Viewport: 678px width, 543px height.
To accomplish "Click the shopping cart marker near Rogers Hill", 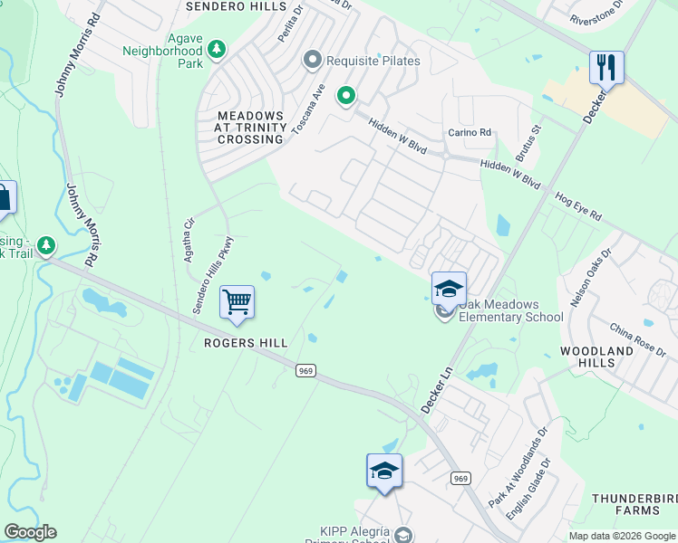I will pyautogui.click(x=237, y=302).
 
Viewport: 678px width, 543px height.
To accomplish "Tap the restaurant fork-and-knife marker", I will pyautogui.click(x=605, y=68).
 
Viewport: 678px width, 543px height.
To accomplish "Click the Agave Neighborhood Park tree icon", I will pyautogui.click(x=217, y=48).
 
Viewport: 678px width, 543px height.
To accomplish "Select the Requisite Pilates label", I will pyautogui.click(x=373, y=61).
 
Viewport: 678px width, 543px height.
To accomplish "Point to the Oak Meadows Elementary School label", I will pyautogui.click(x=510, y=310).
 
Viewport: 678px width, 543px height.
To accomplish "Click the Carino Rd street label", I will pyautogui.click(x=470, y=133).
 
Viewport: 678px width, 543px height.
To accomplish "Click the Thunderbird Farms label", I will pyautogui.click(x=634, y=505).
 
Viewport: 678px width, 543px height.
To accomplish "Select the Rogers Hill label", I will pyautogui.click(x=246, y=343).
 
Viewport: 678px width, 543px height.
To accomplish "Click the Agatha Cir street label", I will pyautogui.click(x=189, y=239).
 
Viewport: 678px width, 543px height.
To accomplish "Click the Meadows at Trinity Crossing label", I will pyautogui.click(x=249, y=128).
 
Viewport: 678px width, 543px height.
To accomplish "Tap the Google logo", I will pyautogui.click(x=30, y=532).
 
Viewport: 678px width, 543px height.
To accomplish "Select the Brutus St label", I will pyautogui.click(x=527, y=143).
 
